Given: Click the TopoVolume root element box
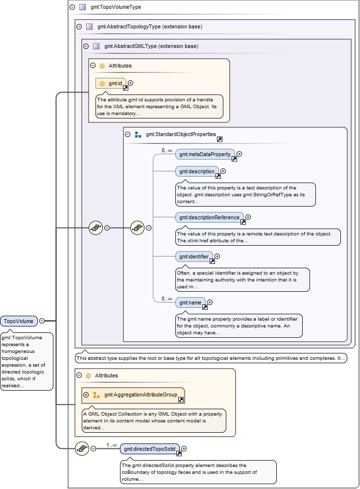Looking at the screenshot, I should (19, 321).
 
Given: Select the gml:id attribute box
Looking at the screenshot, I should (111, 83).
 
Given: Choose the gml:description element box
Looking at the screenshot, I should (197, 171).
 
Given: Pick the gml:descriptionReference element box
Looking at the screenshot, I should (209, 217).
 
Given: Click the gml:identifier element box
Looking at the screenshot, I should (194, 256).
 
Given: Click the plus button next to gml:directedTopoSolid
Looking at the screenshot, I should (184, 448).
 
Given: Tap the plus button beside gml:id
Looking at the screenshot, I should (130, 83).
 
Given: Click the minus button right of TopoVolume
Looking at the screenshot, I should (42, 321).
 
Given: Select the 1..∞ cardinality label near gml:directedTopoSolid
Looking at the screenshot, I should (112, 445).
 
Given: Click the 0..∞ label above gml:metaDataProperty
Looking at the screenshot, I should (167, 151).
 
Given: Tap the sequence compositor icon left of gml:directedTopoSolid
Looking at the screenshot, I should (82, 448).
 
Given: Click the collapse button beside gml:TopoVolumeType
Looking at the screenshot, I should (72, 7).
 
